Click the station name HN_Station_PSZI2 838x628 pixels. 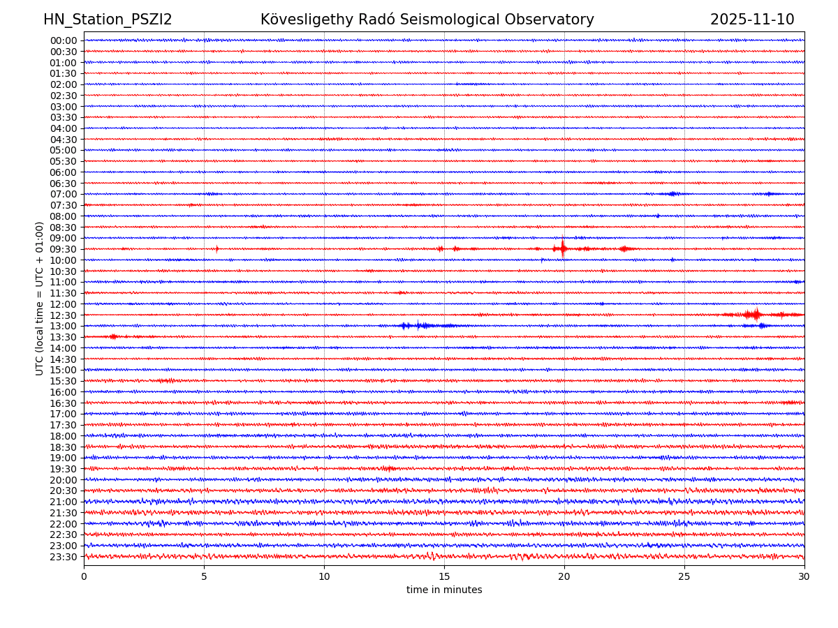(108, 20)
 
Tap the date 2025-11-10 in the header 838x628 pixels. (752, 20)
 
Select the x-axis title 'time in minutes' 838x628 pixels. (444, 590)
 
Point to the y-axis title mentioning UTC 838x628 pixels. (40, 298)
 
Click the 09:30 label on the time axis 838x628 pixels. (63, 249)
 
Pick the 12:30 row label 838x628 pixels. (63, 315)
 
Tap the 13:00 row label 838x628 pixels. (63, 326)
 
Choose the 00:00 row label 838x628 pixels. (63, 40)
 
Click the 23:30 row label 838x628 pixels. (63, 557)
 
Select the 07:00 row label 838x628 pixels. (63, 194)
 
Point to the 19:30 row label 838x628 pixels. (63, 469)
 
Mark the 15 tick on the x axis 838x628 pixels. (444, 576)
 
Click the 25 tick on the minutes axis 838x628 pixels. (684, 576)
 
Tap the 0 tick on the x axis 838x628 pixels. (84, 576)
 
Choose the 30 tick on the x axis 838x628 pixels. (804, 576)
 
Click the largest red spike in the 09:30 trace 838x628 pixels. (563, 248)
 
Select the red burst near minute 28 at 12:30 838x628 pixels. (755, 315)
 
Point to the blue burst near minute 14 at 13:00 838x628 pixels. (418, 325)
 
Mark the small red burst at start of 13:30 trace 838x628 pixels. (113, 337)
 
